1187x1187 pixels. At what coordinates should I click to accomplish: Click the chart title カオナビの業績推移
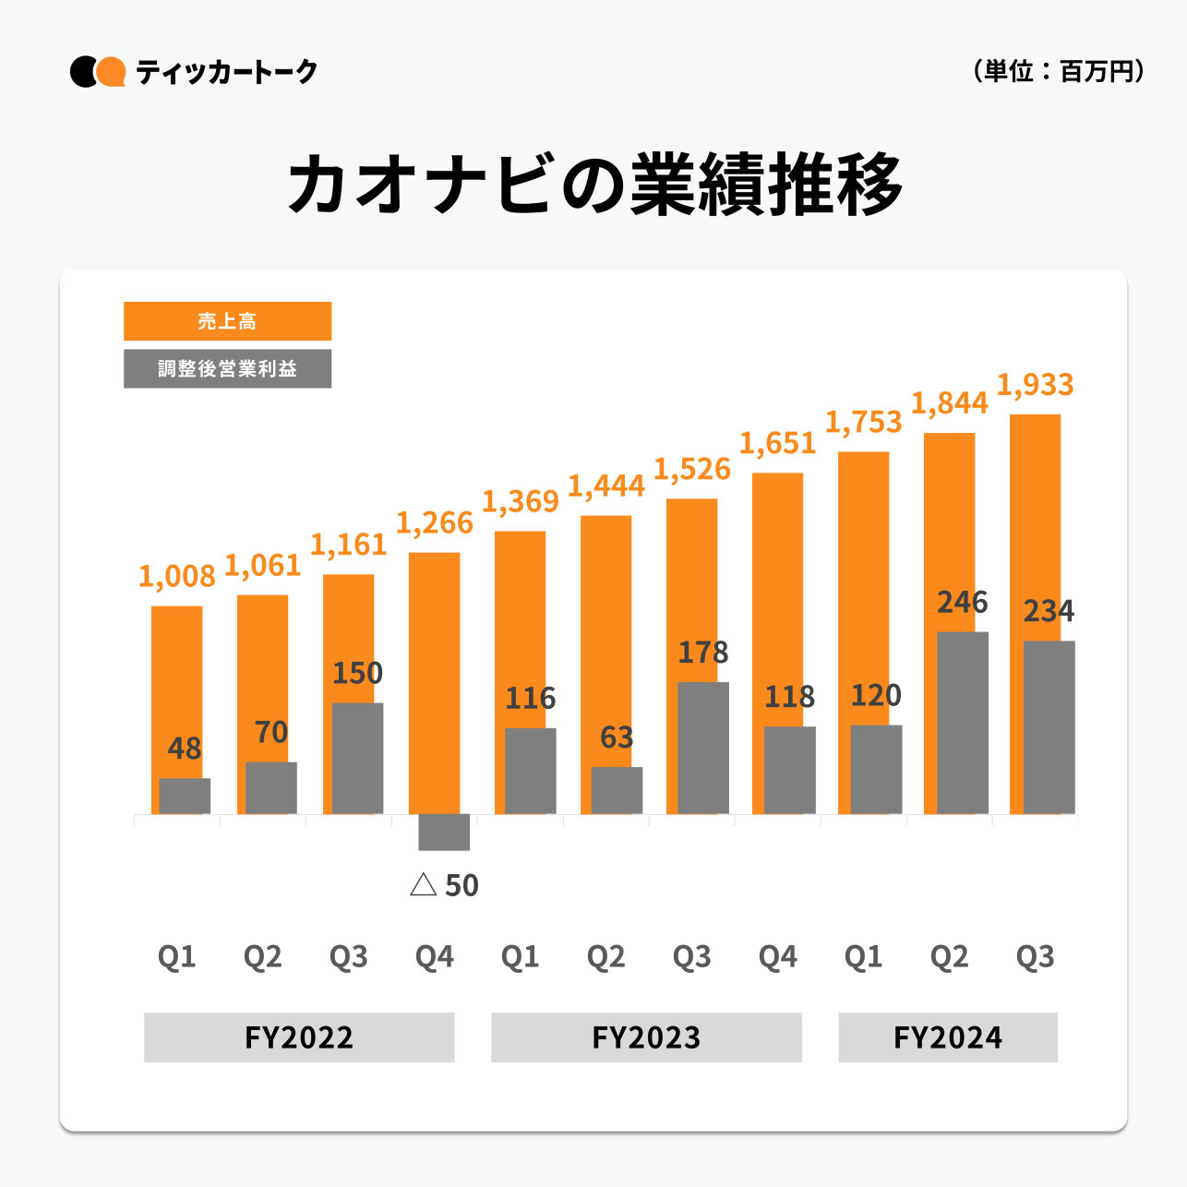click(x=595, y=184)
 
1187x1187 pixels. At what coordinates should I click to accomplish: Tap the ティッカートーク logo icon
click(x=98, y=72)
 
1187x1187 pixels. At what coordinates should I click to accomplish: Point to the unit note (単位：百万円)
click(x=1059, y=71)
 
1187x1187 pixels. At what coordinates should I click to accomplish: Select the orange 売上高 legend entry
click(x=227, y=321)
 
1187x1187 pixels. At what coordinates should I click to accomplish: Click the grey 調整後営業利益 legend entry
click(x=227, y=368)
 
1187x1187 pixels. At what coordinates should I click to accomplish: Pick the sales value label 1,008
click(x=176, y=577)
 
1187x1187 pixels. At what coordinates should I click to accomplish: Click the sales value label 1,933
click(x=1035, y=385)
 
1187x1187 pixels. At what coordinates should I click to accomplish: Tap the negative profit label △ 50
click(x=444, y=885)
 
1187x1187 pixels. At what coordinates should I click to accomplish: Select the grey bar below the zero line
click(x=444, y=832)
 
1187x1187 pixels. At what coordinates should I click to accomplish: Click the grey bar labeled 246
click(x=963, y=723)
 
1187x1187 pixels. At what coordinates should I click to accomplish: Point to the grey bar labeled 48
click(x=185, y=796)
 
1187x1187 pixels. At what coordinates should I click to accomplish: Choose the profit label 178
click(x=703, y=653)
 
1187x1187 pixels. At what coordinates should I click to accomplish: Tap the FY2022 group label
click(x=299, y=1037)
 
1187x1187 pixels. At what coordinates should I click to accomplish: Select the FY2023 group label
click(x=646, y=1037)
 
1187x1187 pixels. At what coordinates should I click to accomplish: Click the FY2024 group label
click(x=948, y=1037)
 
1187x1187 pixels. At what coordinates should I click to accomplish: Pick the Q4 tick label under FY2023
click(x=777, y=957)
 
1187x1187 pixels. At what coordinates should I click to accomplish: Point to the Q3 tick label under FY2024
click(x=1035, y=957)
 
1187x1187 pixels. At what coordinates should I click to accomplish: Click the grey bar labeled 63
click(x=617, y=790)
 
